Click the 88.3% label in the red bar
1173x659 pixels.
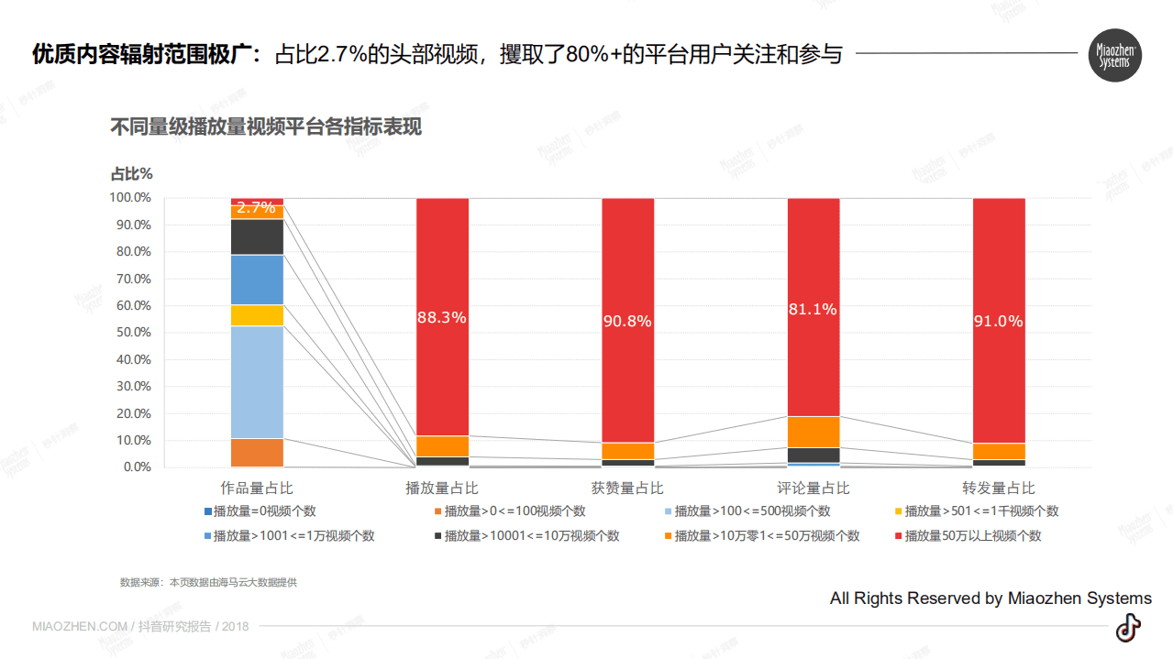coord(442,318)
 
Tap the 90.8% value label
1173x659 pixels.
coord(627,322)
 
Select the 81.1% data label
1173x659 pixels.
coord(813,310)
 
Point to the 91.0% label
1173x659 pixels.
coord(999,322)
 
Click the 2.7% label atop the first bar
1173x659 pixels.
coord(256,208)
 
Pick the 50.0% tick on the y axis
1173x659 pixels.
coord(130,333)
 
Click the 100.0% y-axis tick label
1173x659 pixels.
coord(130,197)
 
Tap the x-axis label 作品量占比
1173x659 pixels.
coord(257,489)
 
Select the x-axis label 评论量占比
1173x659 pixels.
coord(813,489)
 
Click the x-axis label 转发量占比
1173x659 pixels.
coord(999,489)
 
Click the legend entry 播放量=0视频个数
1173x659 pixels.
coord(264,511)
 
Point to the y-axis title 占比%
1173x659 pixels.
coord(131,173)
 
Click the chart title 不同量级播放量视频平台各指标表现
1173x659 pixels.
coord(266,126)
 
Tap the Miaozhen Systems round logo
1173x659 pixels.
coord(1114,55)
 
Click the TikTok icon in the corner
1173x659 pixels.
coord(1128,628)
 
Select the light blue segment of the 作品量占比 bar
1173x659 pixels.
coord(257,382)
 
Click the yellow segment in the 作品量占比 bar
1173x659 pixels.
coord(257,315)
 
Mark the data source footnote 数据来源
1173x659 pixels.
coord(208,583)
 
